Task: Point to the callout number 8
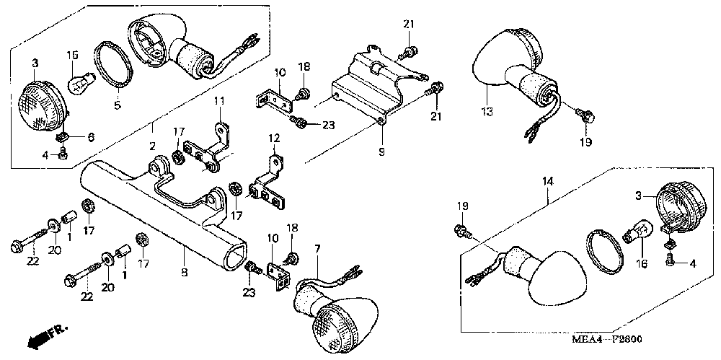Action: [x=184, y=272]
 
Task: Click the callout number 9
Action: [x=381, y=151]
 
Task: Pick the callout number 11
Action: [x=218, y=100]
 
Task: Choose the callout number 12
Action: [x=274, y=137]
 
